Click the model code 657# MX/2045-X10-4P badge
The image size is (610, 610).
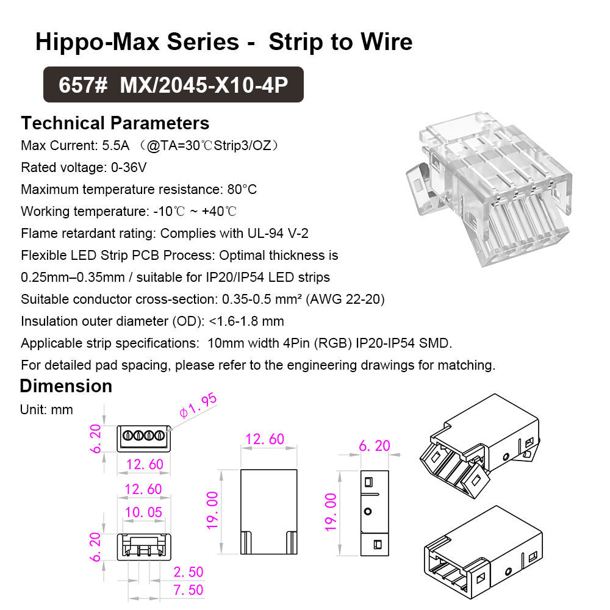[x=173, y=84]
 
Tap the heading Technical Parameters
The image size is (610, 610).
[x=115, y=123]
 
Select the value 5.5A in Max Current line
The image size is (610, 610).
[x=115, y=146]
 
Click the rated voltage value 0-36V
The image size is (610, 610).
[x=129, y=168]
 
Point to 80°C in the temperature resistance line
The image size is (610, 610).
[x=242, y=190]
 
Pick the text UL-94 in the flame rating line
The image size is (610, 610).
[x=265, y=234]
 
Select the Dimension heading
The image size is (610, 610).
[x=66, y=386]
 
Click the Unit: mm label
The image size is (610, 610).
[x=46, y=410]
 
